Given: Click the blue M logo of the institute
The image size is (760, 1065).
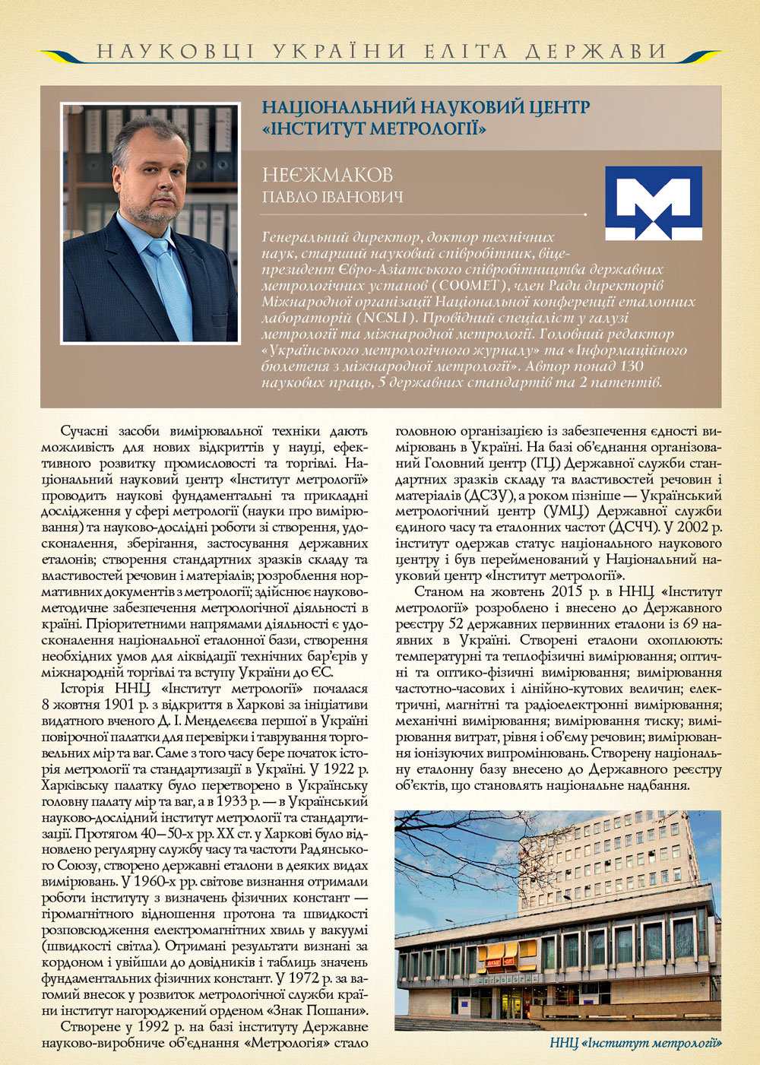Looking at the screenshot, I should [x=654, y=203].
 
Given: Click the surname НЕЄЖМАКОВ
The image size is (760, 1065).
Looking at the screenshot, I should [x=328, y=175].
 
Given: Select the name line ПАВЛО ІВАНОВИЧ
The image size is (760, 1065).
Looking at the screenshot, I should [x=332, y=197].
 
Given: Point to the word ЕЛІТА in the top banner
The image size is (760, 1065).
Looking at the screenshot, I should [x=465, y=52].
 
